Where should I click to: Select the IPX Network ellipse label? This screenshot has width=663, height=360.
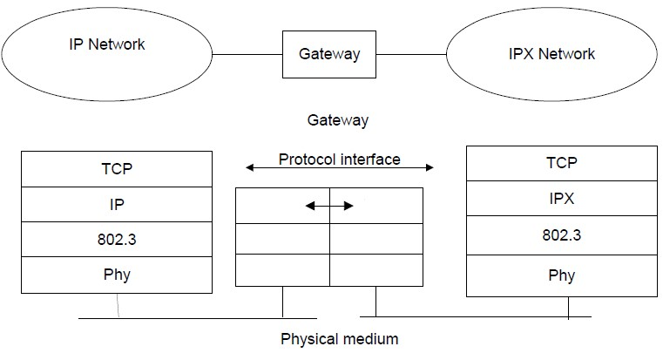[x=551, y=53]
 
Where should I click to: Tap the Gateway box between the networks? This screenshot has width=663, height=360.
[x=329, y=53]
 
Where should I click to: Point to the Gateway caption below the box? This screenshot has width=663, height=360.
[x=338, y=120]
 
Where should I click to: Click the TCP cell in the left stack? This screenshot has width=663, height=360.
[x=117, y=170]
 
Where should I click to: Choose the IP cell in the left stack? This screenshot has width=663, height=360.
[x=117, y=204]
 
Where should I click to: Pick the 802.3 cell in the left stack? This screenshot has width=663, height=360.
[x=117, y=239]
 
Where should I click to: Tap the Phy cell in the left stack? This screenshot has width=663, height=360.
[x=117, y=275]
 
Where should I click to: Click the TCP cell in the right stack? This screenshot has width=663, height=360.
[x=561, y=162]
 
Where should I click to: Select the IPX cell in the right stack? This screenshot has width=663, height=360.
[x=561, y=198]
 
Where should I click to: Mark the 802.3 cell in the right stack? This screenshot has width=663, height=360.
[x=561, y=234]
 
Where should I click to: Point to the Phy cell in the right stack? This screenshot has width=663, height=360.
[x=561, y=276]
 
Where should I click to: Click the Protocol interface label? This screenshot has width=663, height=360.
[x=340, y=159]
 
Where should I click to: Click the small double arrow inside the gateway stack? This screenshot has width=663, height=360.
[x=329, y=207]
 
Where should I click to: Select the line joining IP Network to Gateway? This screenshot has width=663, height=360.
[x=247, y=53]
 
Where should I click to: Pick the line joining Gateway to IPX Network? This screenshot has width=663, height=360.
[x=413, y=53]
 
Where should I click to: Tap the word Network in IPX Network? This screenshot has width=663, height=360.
[x=566, y=53]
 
